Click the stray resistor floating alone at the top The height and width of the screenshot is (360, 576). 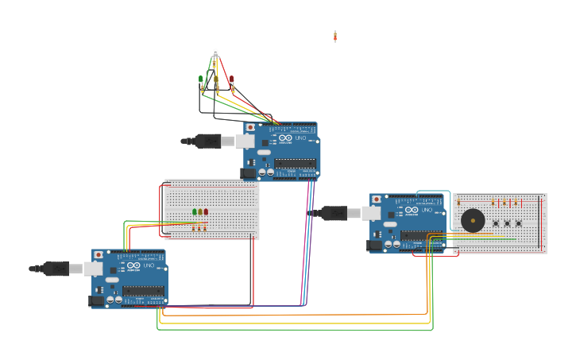335,36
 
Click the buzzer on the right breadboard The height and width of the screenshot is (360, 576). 473,220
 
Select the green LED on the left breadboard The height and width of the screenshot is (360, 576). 195,212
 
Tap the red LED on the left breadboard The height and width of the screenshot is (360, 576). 206,212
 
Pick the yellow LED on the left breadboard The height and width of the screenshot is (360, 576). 200,212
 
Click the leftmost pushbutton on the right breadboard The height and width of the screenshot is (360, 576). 494,223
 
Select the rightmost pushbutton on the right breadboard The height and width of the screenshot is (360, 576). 518,223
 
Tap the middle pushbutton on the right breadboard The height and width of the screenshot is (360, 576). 506,223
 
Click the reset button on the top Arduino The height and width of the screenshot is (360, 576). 251,127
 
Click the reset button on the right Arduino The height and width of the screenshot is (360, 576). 377,199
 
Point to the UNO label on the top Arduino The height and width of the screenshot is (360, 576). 300,138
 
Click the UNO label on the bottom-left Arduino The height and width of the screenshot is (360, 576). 149,265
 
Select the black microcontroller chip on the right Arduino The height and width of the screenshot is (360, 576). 419,235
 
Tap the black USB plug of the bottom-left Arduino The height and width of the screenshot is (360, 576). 55,269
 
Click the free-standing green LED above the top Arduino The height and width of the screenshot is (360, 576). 201,79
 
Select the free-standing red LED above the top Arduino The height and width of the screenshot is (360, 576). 232,79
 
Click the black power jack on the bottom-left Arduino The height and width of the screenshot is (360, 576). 97,300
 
